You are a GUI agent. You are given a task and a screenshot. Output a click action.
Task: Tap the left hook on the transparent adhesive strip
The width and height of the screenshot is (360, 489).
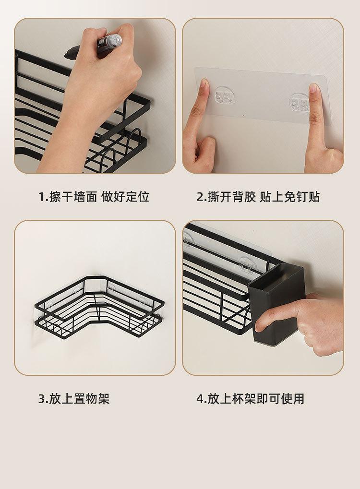(x=225, y=95)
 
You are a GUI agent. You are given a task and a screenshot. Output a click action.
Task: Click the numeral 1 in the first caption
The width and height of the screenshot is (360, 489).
(x=41, y=197)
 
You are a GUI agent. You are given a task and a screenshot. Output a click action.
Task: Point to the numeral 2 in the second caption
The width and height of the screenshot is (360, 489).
(x=200, y=197)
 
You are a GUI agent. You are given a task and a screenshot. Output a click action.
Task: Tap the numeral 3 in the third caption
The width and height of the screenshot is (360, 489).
(x=42, y=399)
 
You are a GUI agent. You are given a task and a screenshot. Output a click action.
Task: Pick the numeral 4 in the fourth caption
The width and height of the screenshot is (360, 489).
(x=200, y=399)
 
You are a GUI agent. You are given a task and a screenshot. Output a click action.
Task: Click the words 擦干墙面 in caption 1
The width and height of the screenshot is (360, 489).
(x=73, y=197)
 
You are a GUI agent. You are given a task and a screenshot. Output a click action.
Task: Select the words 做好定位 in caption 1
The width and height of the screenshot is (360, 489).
(x=125, y=197)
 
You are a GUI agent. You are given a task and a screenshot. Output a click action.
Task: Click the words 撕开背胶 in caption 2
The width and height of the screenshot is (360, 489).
(x=232, y=197)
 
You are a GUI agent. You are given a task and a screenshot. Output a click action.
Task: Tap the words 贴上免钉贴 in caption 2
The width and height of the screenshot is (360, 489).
(x=290, y=197)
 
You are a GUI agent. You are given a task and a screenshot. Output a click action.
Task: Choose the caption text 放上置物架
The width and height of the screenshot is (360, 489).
(x=79, y=399)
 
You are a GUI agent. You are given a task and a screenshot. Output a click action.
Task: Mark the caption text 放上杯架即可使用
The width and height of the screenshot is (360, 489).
(x=256, y=399)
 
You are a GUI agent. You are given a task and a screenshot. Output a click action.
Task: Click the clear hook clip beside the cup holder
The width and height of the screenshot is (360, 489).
(x=245, y=265)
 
